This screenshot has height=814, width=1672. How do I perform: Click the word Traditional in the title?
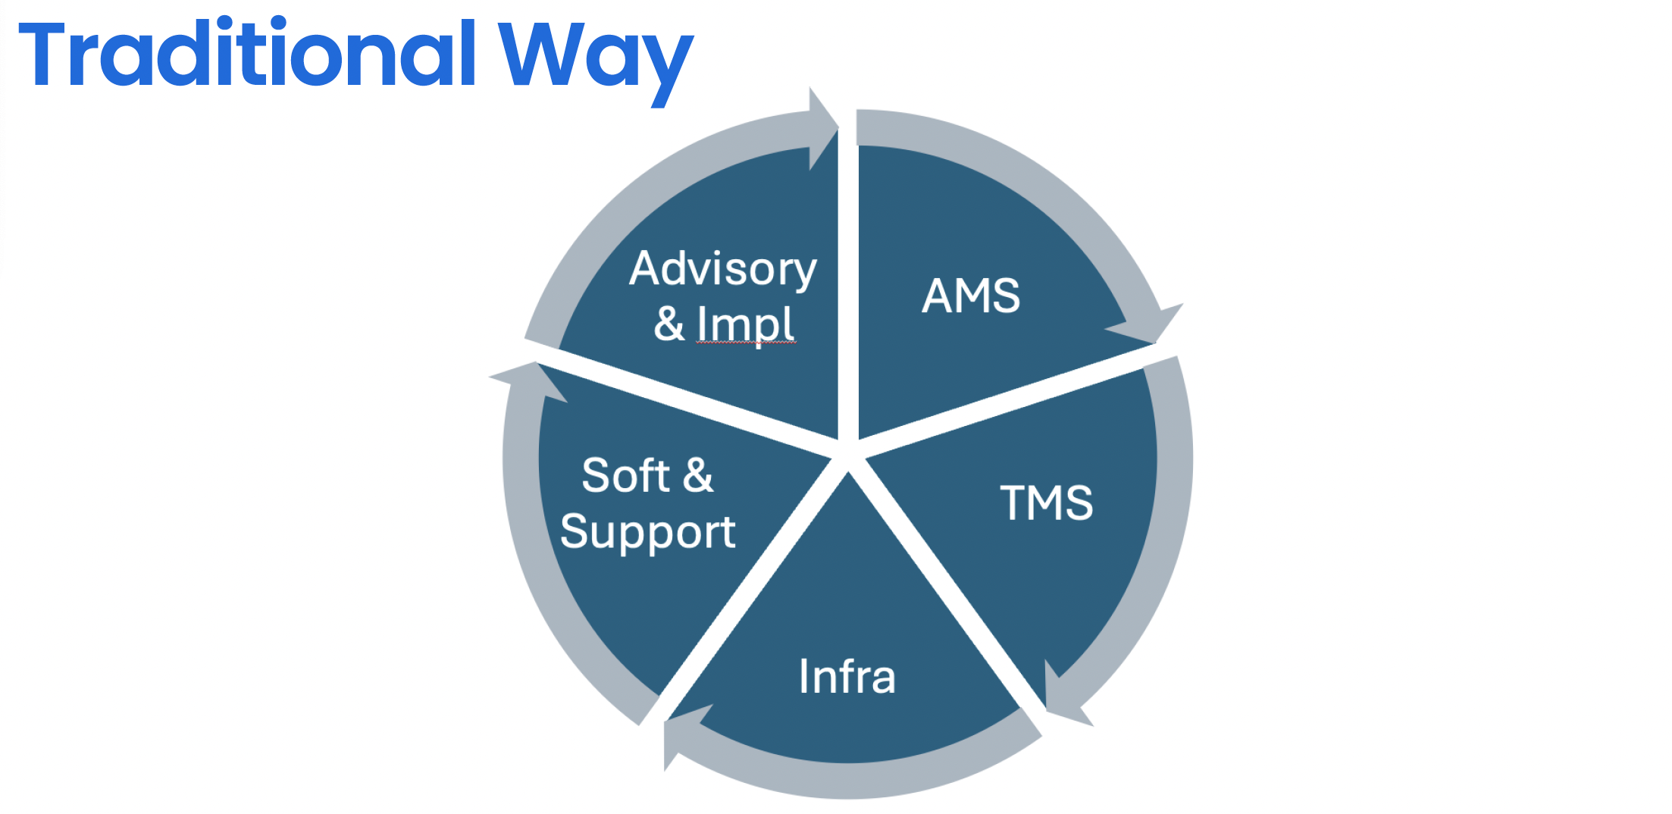[247, 55]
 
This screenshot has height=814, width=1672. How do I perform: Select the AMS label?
[971, 296]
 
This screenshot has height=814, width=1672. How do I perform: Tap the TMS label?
[1047, 502]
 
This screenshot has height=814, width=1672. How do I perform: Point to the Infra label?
[847, 676]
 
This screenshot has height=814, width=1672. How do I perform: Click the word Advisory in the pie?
[723, 270]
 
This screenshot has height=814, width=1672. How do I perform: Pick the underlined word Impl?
[746, 324]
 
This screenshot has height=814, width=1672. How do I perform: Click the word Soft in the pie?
[625, 476]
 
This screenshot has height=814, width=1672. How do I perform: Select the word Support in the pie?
[647, 532]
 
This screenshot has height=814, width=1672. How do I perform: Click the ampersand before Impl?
[669, 324]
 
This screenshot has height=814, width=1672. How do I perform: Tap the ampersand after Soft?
[698, 476]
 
